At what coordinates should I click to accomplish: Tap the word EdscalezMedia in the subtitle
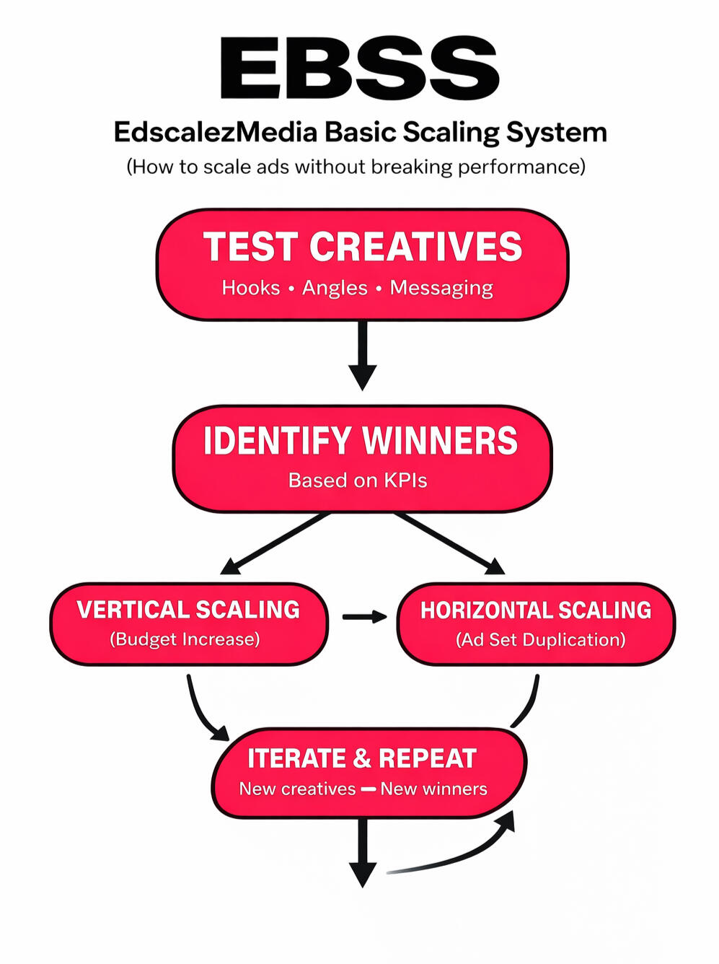pyautogui.click(x=215, y=133)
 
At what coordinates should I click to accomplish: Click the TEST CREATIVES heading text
pyautogui.click(x=362, y=247)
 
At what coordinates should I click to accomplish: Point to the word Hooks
pyautogui.click(x=250, y=288)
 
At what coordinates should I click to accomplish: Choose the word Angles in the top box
pyautogui.click(x=335, y=288)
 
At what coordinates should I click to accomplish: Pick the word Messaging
pyautogui.click(x=441, y=288)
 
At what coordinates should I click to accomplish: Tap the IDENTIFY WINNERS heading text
pyautogui.click(x=361, y=441)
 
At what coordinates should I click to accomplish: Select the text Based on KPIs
pyautogui.click(x=358, y=481)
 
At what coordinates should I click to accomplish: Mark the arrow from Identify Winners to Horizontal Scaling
pyautogui.click(x=448, y=543)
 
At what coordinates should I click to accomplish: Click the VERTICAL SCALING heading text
pyautogui.click(x=188, y=610)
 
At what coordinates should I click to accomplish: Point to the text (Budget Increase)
pyautogui.click(x=185, y=639)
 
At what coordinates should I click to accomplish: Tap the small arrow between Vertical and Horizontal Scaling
pyautogui.click(x=363, y=617)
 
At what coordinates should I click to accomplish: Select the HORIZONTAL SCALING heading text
pyautogui.click(x=536, y=610)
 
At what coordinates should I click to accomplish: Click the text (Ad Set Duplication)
pyautogui.click(x=540, y=640)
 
